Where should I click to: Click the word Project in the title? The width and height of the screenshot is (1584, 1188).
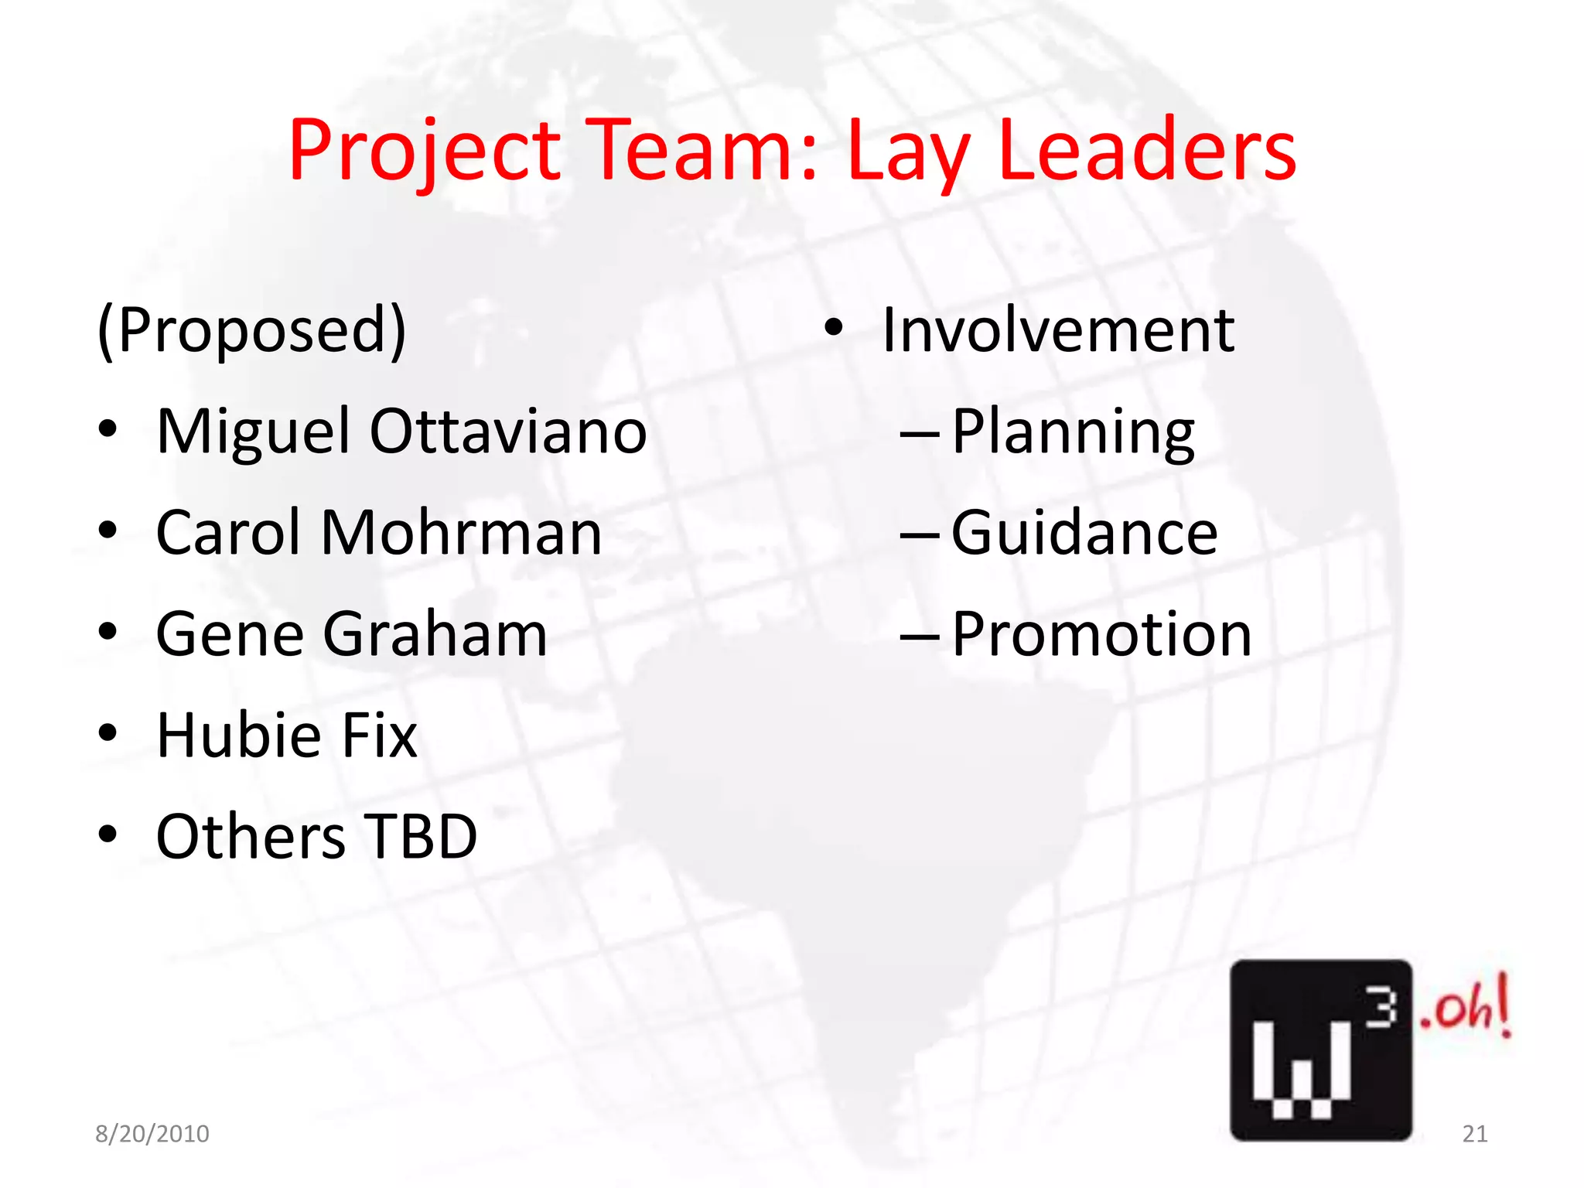click(424, 150)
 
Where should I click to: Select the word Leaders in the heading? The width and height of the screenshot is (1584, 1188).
click(1147, 150)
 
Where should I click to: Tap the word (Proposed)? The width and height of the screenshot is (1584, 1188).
click(251, 330)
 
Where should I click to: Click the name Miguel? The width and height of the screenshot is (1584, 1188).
click(253, 432)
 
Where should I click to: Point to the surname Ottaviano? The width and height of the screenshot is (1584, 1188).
click(508, 432)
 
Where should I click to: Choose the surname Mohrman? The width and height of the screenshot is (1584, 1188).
click(461, 533)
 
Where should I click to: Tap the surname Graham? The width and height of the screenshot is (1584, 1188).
click(435, 634)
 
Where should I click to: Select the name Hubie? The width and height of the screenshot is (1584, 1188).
click(239, 735)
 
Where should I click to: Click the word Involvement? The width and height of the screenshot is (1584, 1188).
click(1058, 330)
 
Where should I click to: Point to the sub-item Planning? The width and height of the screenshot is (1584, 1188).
click(1073, 432)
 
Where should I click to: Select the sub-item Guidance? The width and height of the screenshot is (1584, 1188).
click(1084, 533)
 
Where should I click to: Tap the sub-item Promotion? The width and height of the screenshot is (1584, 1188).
click(1101, 634)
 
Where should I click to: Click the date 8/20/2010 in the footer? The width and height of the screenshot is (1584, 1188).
click(152, 1134)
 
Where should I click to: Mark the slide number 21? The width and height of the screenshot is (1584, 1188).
click(1475, 1134)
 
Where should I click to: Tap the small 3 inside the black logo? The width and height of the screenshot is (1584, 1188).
click(1381, 1009)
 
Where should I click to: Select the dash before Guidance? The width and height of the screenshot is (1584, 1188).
click(920, 534)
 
